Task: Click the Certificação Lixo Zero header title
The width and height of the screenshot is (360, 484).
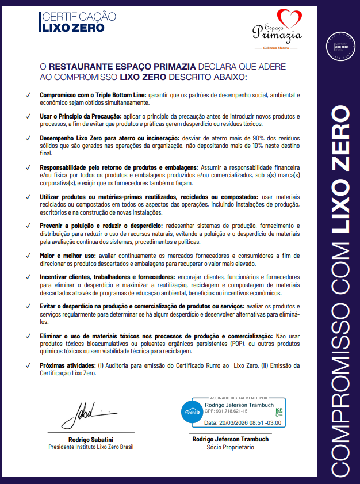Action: pyautogui.click(x=78, y=22)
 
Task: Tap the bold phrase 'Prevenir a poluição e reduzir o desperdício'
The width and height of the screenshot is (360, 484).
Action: pyautogui.click(x=101, y=225)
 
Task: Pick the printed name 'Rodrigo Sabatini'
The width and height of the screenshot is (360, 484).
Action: pyautogui.click(x=91, y=439)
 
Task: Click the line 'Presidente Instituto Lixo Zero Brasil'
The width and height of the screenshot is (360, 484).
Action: pyautogui.click(x=91, y=447)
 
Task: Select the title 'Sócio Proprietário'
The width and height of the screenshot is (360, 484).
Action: pyautogui.click(x=230, y=447)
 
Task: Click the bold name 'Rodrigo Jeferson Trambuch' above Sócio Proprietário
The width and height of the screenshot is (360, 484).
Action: pyautogui.click(x=230, y=439)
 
